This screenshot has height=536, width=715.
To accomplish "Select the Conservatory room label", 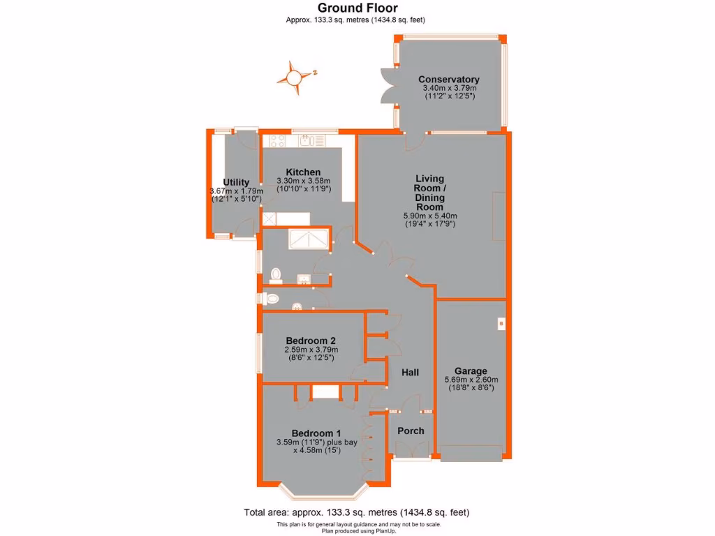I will pyautogui.click(x=449, y=80).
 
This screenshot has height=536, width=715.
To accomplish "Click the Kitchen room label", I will pyautogui.click(x=303, y=172).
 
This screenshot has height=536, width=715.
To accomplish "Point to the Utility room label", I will pyautogui.click(x=236, y=182).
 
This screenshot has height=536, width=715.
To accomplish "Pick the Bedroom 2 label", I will pyautogui.click(x=311, y=341).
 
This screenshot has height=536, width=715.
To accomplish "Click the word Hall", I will pyautogui.click(x=410, y=373).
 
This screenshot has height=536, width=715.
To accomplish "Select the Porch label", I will pyautogui.click(x=411, y=431).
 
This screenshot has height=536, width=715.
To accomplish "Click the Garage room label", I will pyautogui.click(x=471, y=371).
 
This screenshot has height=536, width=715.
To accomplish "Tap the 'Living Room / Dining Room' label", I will pyautogui.click(x=429, y=193).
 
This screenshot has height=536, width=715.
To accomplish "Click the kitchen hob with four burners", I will pyautogui.click(x=275, y=140).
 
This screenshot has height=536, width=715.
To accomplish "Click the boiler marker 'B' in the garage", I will pyautogui.click(x=501, y=323).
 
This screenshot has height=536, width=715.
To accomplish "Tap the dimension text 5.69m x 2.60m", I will pyautogui.click(x=471, y=380).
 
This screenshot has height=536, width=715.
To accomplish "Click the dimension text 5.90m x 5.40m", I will pyautogui.click(x=429, y=216).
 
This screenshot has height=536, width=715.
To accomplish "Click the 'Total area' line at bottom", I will pyautogui.click(x=356, y=512).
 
